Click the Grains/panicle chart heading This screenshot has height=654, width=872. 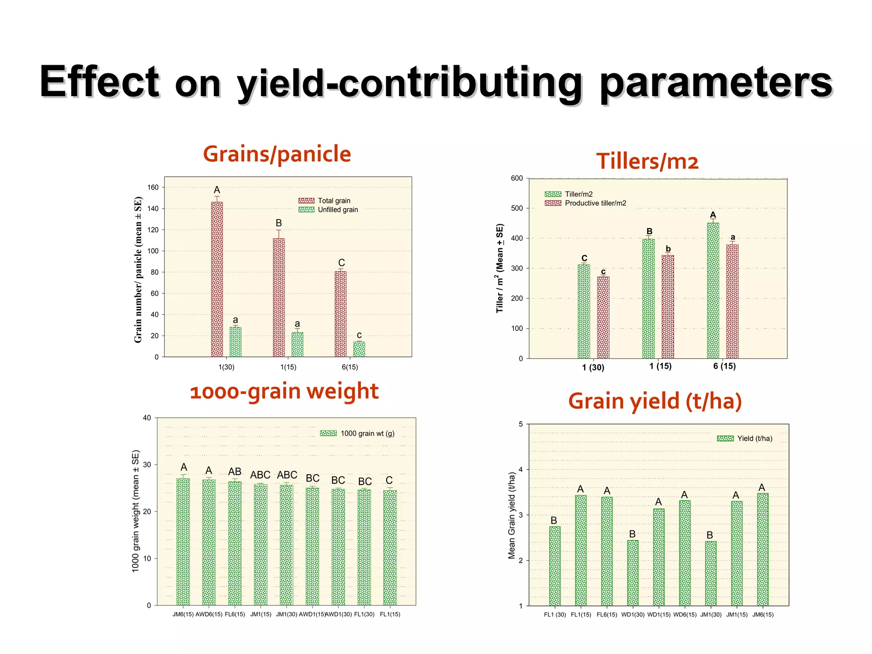277,154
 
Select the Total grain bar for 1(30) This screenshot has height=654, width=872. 217,279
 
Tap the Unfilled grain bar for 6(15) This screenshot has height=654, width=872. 359,349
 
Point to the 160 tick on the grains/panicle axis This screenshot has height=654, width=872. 153,187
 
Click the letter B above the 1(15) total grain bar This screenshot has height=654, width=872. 278,223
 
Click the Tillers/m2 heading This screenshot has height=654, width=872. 647,161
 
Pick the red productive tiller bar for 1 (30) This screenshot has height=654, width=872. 603,318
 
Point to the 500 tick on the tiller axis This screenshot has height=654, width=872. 516,208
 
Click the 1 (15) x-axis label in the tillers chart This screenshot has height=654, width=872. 660,366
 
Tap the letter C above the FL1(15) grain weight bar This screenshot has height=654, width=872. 389,480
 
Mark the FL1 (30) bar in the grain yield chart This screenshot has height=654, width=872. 554,566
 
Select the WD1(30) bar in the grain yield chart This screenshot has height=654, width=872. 632,573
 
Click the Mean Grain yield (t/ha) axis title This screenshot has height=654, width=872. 511,515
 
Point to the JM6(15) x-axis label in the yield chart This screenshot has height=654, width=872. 763,614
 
